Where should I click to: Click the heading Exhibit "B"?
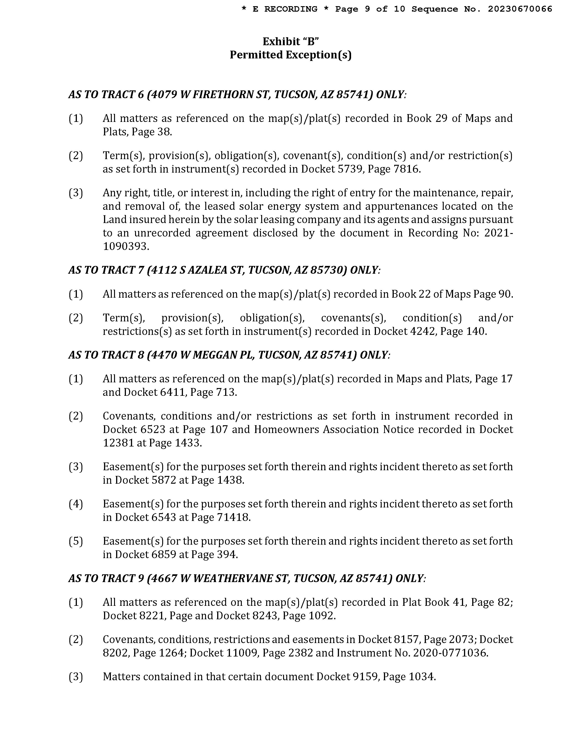[291, 42]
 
